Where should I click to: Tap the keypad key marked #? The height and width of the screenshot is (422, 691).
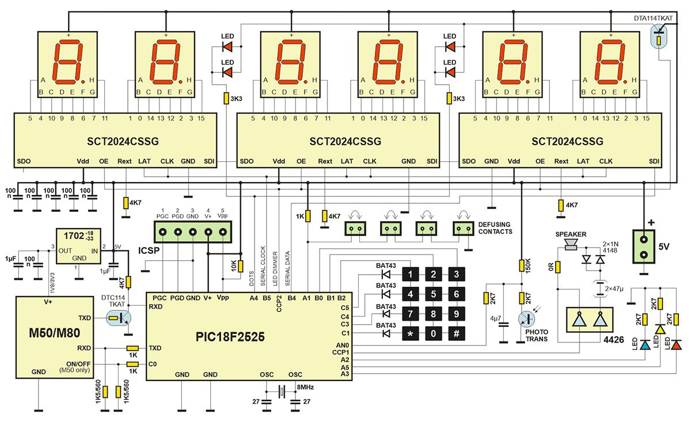click(x=456, y=333)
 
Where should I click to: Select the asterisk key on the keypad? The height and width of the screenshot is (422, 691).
click(x=410, y=333)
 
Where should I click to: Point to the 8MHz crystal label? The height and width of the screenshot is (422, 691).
click(x=305, y=387)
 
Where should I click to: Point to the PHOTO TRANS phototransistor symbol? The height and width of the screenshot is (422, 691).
click(x=526, y=321)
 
